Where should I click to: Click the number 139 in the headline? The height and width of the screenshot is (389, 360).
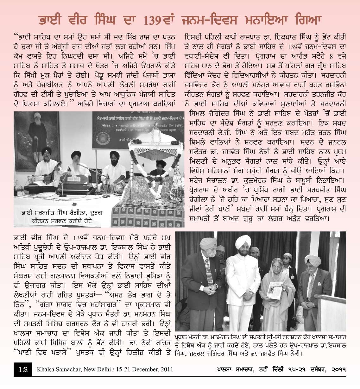(157, 19)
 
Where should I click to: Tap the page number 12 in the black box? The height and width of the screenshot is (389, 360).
(22, 369)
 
